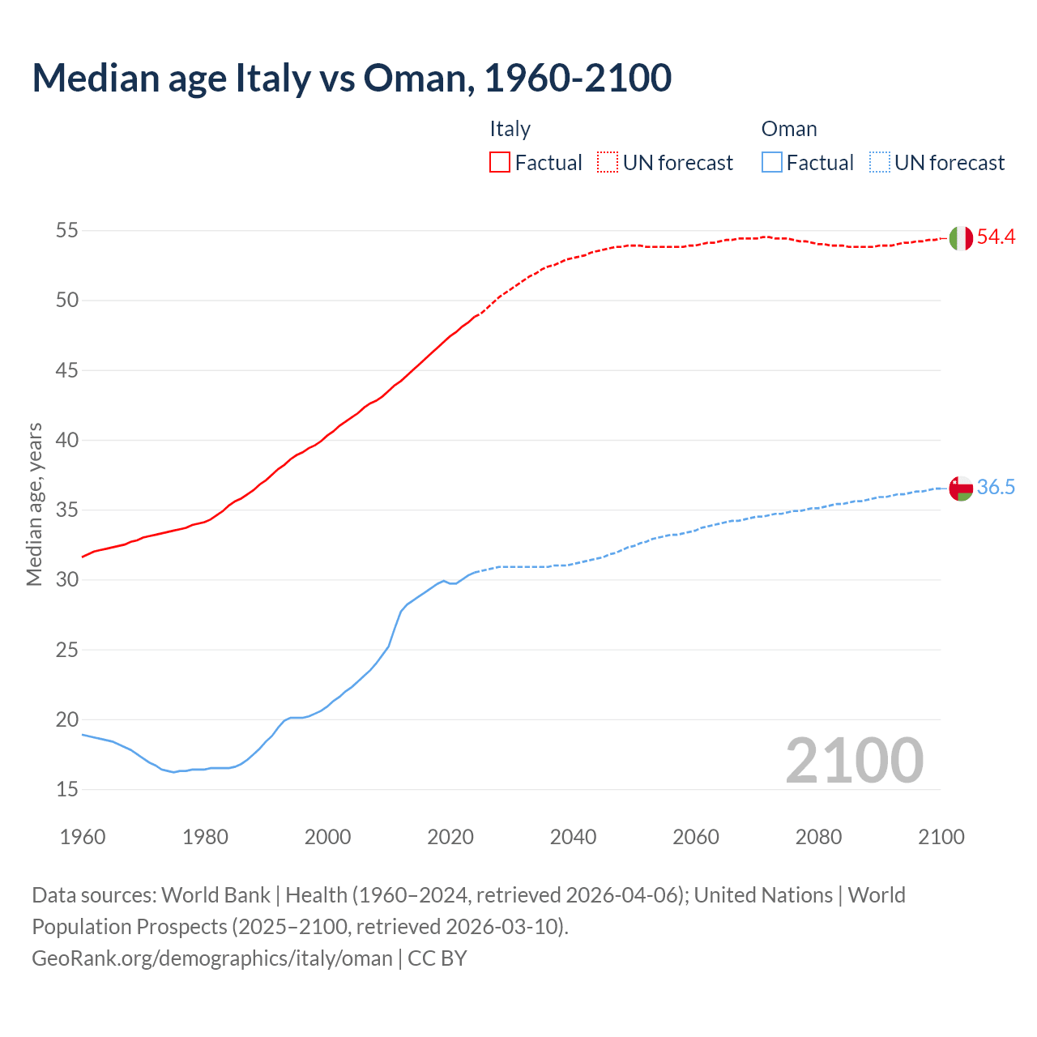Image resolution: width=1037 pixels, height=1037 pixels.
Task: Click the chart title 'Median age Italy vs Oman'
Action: pyautogui.click(x=352, y=78)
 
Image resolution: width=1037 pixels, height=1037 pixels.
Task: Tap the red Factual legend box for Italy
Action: pyautogui.click(x=500, y=163)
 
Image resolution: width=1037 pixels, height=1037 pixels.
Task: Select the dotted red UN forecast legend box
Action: pyautogui.click(x=608, y=163)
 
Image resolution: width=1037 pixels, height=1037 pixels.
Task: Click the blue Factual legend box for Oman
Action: pyautogui.click(x=772, y=163)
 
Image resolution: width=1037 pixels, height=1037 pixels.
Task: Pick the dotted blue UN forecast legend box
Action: pyautogui.click(x=879, y=163)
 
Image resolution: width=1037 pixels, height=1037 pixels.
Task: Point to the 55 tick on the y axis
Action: pyautogui.click(x=66, y=231)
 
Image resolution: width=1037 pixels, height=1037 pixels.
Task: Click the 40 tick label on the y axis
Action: pyautogui.click(x=66, y=441)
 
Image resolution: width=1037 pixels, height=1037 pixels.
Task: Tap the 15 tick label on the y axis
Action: pyautogui.click(x=66, y=790)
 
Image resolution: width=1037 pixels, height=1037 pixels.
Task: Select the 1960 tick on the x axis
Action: pyautogui.click(x=83, y=837)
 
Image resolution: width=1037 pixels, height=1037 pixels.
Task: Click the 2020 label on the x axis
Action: pyautogui.click(x=450, y=837)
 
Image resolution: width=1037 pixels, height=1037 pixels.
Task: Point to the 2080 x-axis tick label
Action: pyautogui.click(x=818, y=837)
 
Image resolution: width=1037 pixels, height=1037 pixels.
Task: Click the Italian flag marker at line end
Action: pyautogui.click(x=961, y=238)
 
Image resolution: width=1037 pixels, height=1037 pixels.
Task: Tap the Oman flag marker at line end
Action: pyautogui.click(x=961, y=489)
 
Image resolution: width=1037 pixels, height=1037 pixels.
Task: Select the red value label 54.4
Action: pyautogui.click(x=996, y=237)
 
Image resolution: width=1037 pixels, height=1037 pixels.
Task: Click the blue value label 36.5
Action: pyautogui.click(x=996, y=488)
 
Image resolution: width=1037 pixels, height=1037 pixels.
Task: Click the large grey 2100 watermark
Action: pyautogui.click(x=854, y=761)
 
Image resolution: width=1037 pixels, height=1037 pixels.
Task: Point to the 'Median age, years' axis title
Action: pyautogui.click(x=34, y=504)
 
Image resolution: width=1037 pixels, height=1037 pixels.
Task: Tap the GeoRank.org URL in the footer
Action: pyautogui.click(x=212, y=958)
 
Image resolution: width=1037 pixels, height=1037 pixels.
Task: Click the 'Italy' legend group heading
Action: pyautogui.click(x=510, y=129)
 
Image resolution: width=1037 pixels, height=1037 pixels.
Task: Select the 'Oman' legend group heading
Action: pyautogui.click(x=789, y=129)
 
